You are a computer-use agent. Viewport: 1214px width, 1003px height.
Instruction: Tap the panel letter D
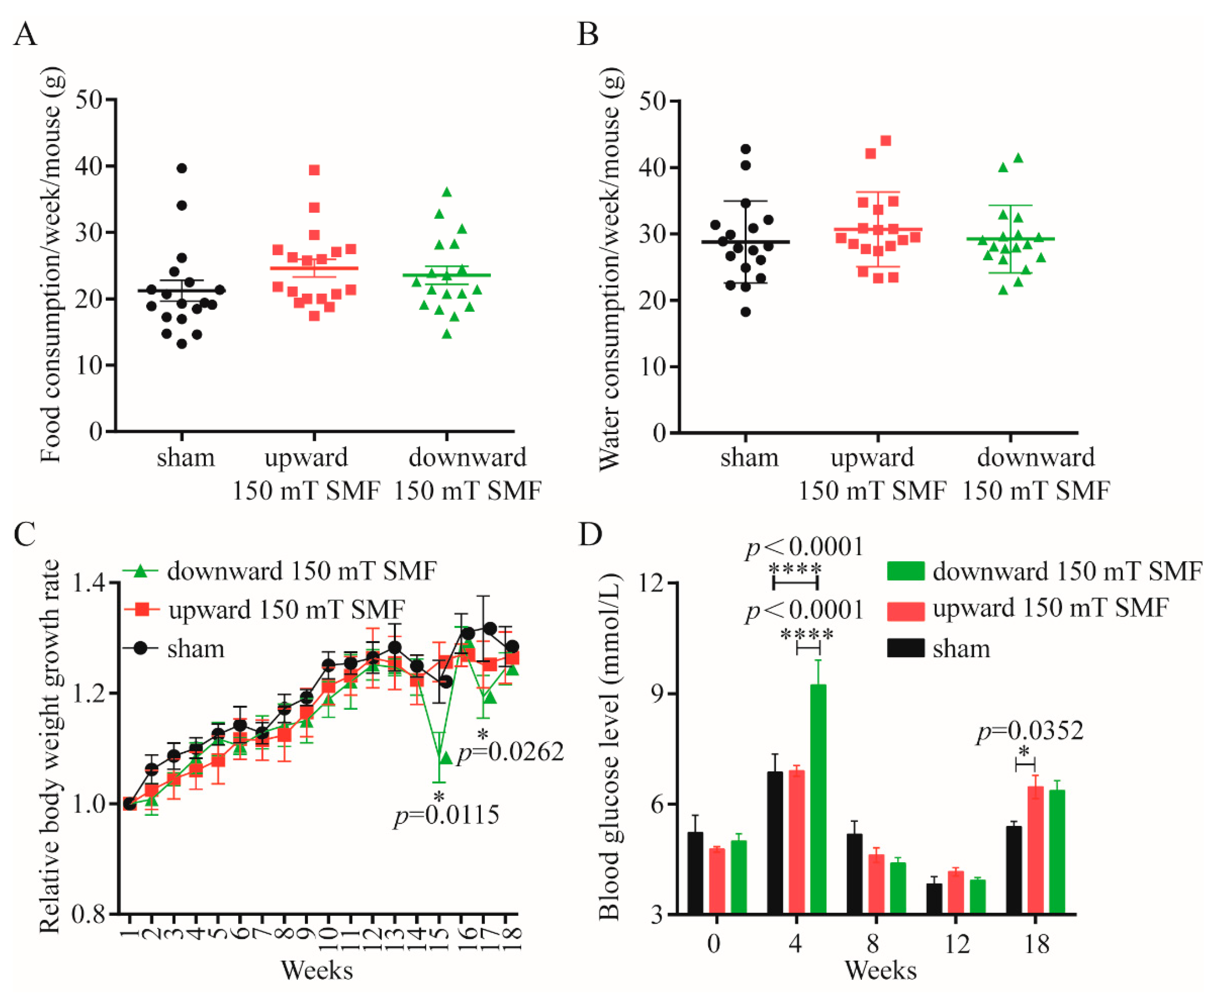pyautogui.click(x=591, y=535)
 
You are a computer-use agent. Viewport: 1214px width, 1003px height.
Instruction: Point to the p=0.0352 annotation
pyautogui.click(x=1030, y=731)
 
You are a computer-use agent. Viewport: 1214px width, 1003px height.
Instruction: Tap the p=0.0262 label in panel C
pyautogui.click(x=509, y=752)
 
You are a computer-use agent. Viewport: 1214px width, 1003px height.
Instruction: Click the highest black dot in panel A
pyautogui.click(x=182, y=168)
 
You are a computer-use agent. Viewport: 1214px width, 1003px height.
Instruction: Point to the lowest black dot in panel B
pyautogui.click(x=745, y=312)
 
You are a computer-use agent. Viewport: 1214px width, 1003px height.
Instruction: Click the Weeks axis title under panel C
pyautogui.click(x=317, y=970)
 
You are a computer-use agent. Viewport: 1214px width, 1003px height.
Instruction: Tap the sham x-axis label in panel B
pyautogui.click(x=749, y=458)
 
